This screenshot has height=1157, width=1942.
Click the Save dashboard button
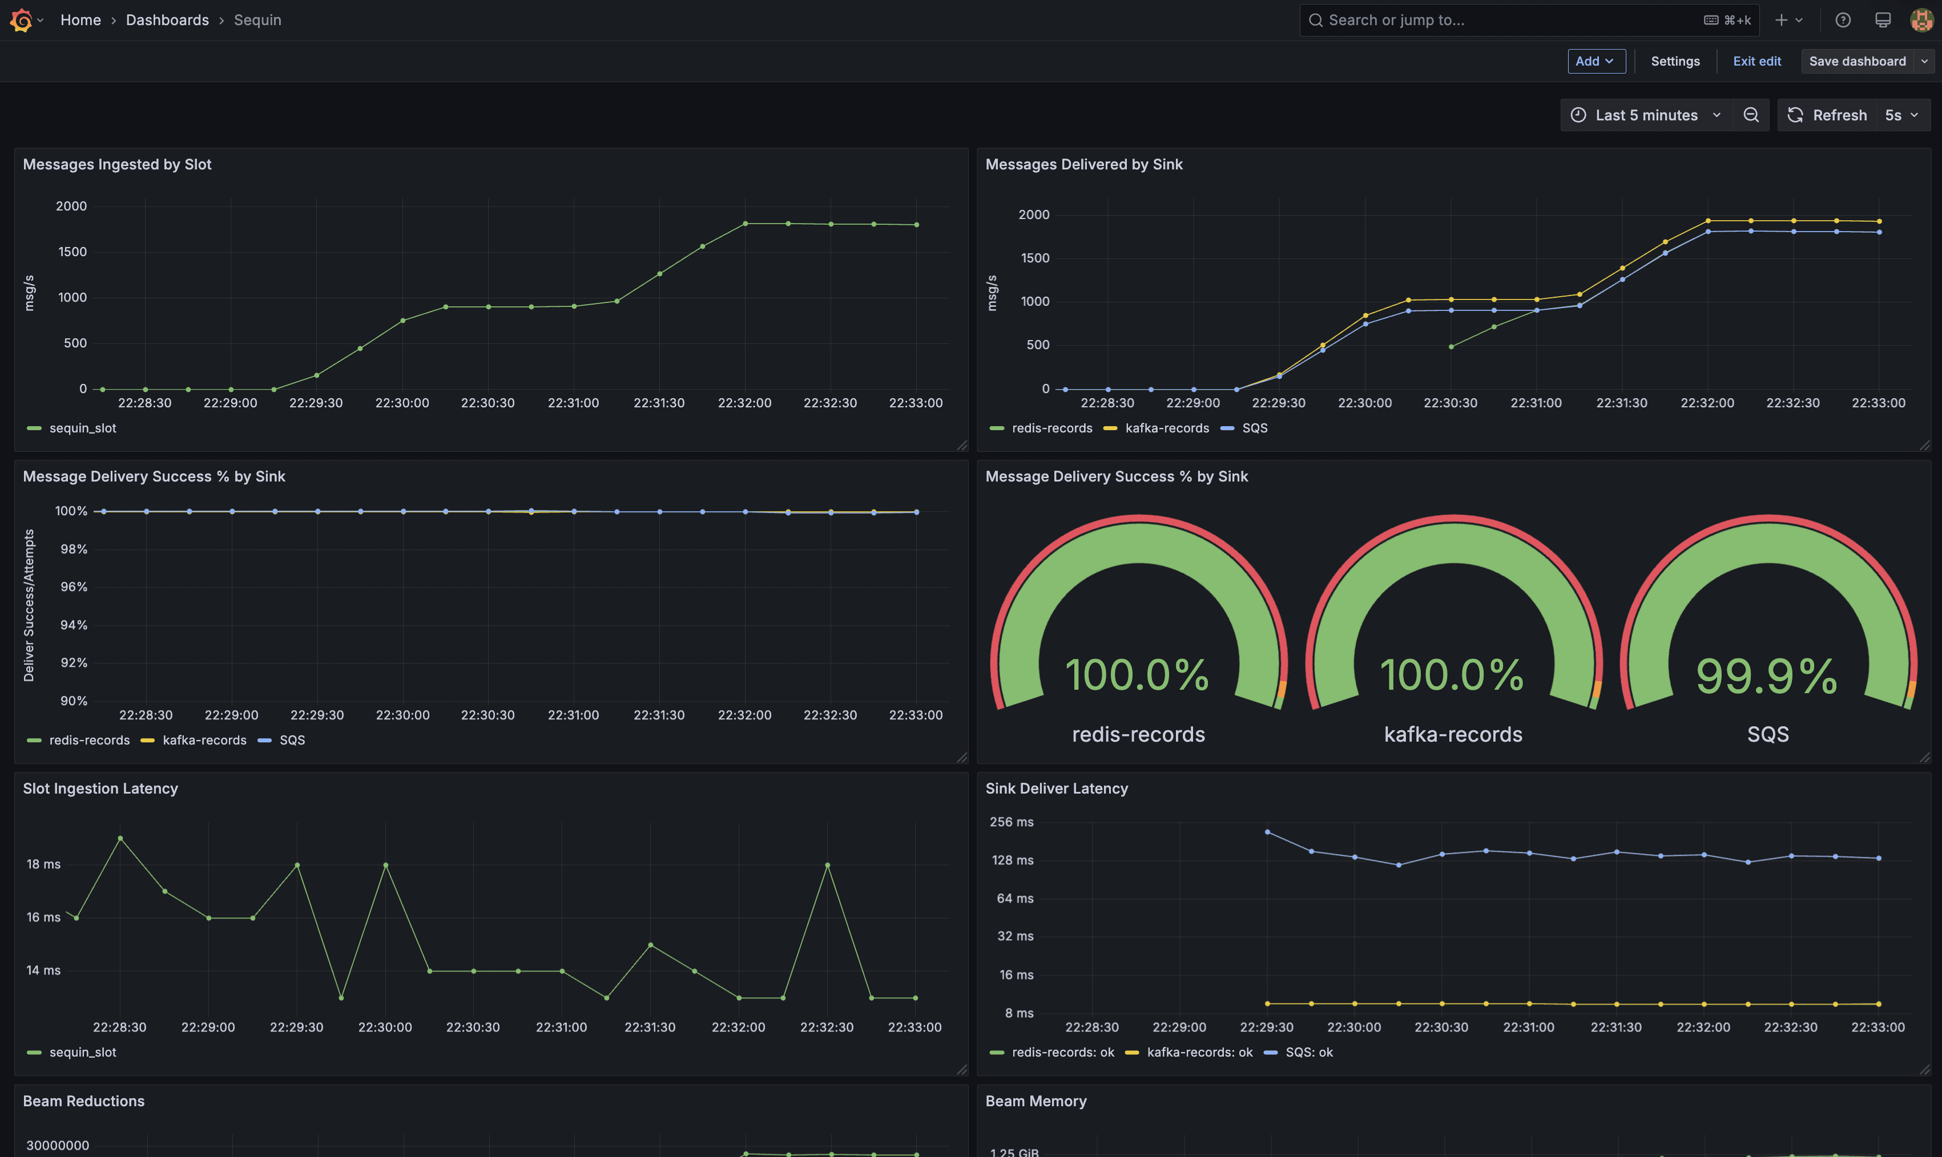[x=1857, y=61]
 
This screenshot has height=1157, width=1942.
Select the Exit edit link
[x=1756, y=61]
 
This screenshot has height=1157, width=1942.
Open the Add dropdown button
[x=1595, y=61]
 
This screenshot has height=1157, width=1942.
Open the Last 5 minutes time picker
[x=1646, y=115]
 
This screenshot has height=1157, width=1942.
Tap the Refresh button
[x=1827, y=115]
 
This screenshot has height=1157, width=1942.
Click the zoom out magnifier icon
[x=1751, y=115]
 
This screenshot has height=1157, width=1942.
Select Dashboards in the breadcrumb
[x=167, y=21]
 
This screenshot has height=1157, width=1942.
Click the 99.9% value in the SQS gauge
[x=1767, y=675]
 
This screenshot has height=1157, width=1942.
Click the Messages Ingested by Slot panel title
[x=117, y=164]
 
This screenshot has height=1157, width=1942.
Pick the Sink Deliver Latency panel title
[x=1056, y=788]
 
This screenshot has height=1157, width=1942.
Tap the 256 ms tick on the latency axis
[x=1012, y=822]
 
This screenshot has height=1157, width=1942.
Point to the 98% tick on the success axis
[x=74, y=549]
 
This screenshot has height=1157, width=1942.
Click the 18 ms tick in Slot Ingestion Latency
[x=44, y=864]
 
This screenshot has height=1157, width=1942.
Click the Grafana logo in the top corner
[x=21, y=21]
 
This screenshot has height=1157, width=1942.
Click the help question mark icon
[x=1842, y=21]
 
